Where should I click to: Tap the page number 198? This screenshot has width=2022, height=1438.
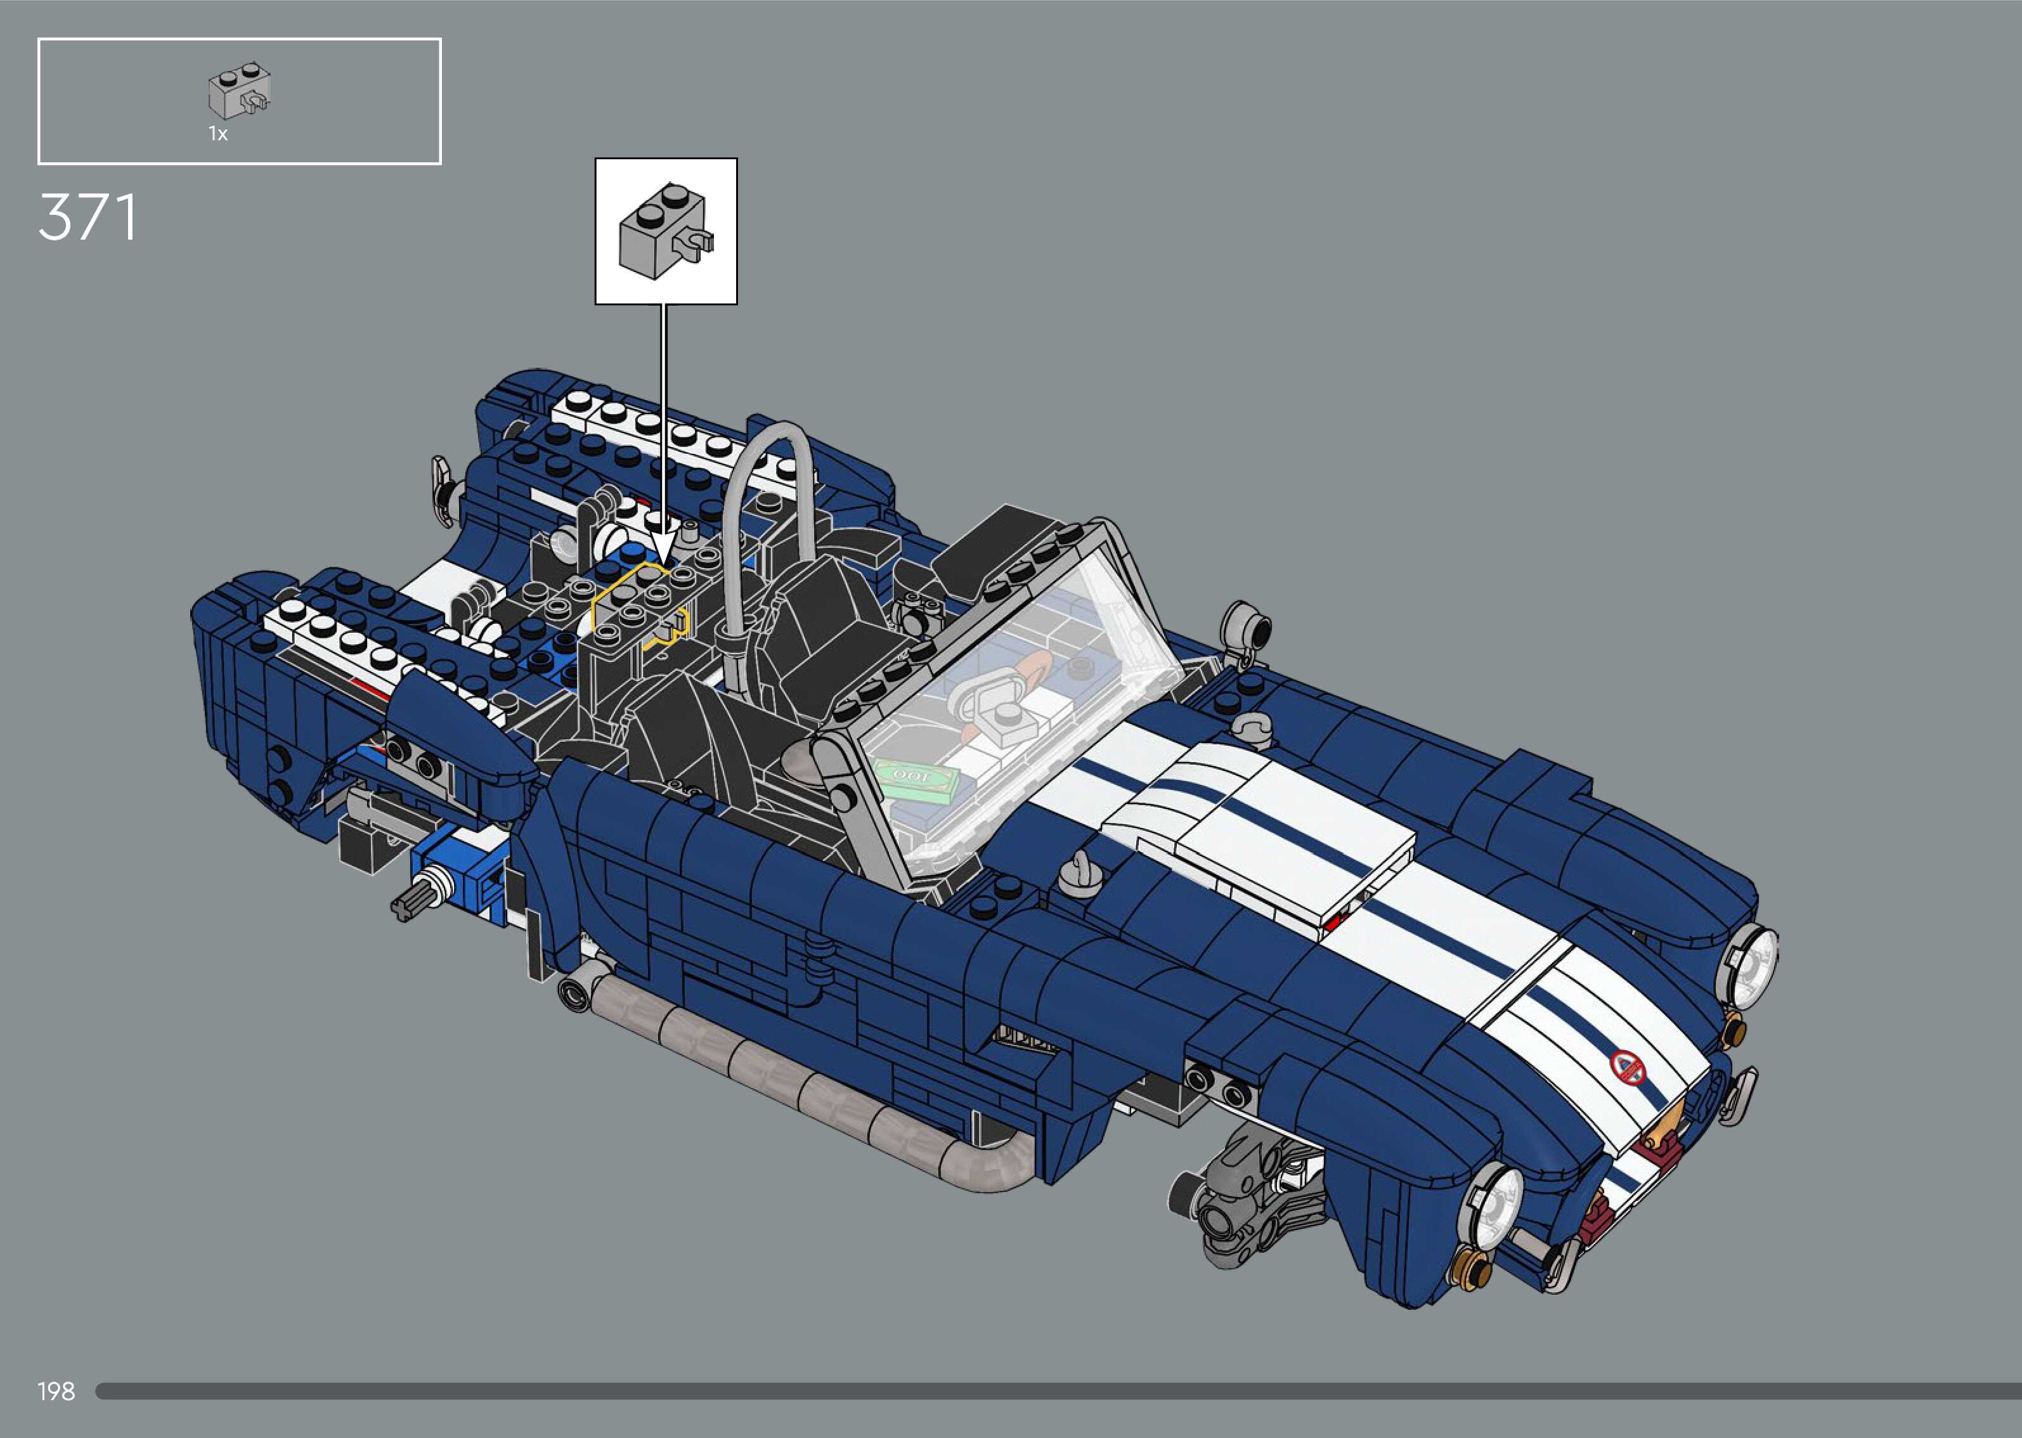(x=56, y=1391)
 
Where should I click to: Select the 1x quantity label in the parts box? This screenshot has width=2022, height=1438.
(x=217, y=134)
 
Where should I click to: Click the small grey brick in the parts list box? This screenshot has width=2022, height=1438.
(x=239, y=91)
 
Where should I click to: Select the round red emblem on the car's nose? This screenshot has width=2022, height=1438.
(x=1626, y=1067)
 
